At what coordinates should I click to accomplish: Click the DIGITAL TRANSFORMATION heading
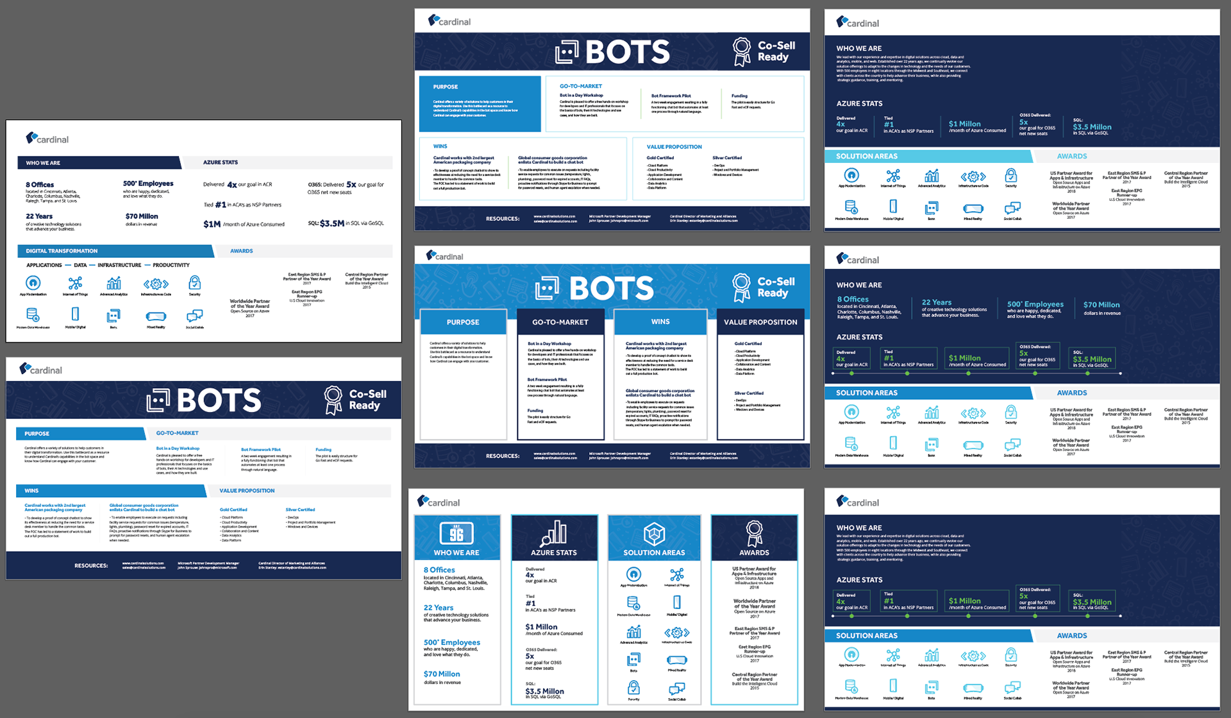(x=62, y=251)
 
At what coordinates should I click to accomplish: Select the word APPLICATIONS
(x=44, y=265)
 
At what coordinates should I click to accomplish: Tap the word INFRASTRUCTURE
(x=119, y=265)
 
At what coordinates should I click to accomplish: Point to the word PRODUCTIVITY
(x=171, y=265)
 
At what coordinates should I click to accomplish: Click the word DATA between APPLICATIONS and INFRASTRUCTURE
(x=80, y=265)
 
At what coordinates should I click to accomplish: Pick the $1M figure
(x=212, y=224)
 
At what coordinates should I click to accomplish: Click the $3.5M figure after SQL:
(x=332, y=223)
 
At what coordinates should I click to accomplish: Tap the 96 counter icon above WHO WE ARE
(x=456, y=533)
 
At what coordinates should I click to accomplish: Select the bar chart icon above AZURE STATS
(x=554, y=533)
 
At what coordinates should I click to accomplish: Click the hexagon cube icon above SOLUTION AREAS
(x=654, y=533)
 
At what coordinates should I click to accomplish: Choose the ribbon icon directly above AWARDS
(x=754, y=533)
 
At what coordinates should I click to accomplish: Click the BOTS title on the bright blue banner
(x=611, y=288)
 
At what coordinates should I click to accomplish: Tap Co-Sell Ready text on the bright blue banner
(x=776, y=287)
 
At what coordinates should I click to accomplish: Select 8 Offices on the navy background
(x=853, y=299)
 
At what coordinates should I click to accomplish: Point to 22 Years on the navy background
(x=936, y=302)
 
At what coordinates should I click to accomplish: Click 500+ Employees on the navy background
(x=1035, y=304)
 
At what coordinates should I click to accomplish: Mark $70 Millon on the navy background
(x=1101, y=305)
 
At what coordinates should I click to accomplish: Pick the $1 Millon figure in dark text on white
(x=541, y=627)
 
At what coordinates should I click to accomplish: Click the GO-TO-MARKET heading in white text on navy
(x=560, y=322)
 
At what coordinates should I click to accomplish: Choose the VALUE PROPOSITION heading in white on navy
(x=760, y=322)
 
